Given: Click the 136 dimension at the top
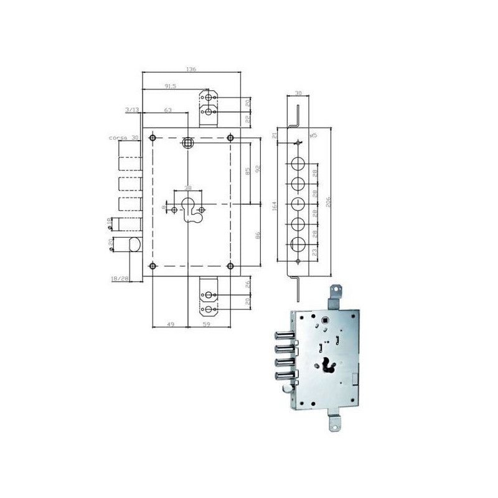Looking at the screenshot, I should pyautogui.click(x=191, y=69).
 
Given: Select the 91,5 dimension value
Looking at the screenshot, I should pyautogui.click(x=169, y=87).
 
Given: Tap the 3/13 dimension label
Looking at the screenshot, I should pyautogui.click(x=132, y=110).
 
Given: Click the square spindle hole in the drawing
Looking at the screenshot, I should pyautogui.click(x=187, y=143).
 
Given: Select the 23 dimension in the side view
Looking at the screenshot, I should pyautogui.click(x=315, y=252).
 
